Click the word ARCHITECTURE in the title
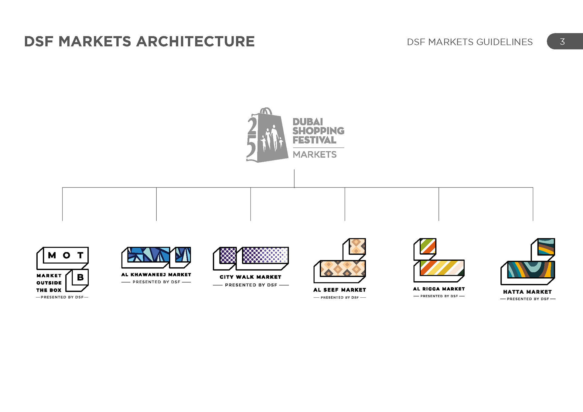pos(195,42)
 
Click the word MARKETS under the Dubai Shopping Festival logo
pos(315,155)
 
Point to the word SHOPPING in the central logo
pos(318,131)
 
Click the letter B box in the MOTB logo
pos(80,277)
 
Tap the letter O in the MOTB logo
pos(66,255)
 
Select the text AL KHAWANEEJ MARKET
pos(156,275)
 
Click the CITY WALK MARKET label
pos(251,277)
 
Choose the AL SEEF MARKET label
pos(339,290)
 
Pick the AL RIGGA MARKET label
pos(439,289)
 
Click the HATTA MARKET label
pos(527,292)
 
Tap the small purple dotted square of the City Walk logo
pos(228,255)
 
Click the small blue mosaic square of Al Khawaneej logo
pos(183,255)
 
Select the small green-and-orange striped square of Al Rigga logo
pos(428,246)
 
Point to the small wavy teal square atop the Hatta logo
pos(546,247)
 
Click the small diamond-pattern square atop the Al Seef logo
pos(357,246)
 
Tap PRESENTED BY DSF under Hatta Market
pos(528,299)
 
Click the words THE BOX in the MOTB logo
pos(49,290)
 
